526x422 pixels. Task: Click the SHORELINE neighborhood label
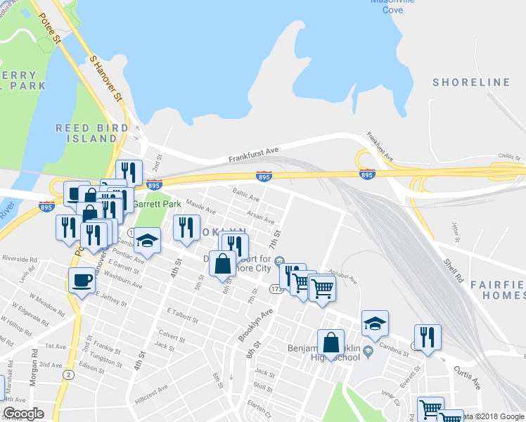pyautogui.click(x=471, y=82)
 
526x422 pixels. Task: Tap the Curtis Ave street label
pyautogui.click(x=466, y=377)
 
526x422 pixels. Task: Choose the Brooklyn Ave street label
pyautogui.click(x=255, y=324)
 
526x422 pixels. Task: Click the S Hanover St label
pyautogui.click(x=106, y=78)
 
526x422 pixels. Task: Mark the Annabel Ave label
pyautogui.click(x=343, y=278)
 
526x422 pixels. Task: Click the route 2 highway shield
pyautogui.click(x=68, y=375)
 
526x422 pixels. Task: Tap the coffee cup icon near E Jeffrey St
pyautogui.click(x=82, y=281)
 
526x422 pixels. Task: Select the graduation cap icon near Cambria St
pyautogui.click(x=375, y=324)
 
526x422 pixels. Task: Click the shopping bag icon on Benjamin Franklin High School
pyautogui.click(x=331, y=343)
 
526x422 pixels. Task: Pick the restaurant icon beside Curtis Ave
pyautogui.click(x=428, y=338)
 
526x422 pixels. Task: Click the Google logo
pyautogui.click(x=24, y=414)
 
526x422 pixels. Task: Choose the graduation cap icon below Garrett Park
pyautogui.click(x=148, y=241)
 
